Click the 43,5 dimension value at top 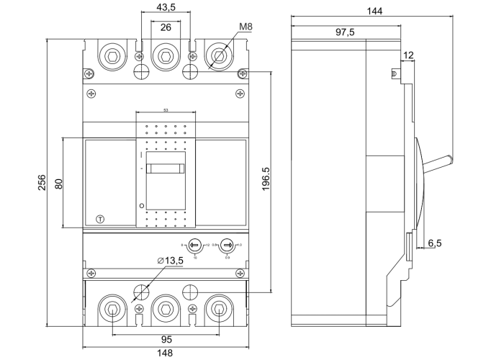165,6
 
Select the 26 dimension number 165,27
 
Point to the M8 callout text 246,27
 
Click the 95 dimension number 165,339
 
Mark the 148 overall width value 165,353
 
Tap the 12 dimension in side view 408,55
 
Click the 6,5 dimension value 435,243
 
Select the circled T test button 99,219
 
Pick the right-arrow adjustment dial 227,246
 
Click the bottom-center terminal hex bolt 165,310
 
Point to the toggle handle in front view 165,169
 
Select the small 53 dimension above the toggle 166,110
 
